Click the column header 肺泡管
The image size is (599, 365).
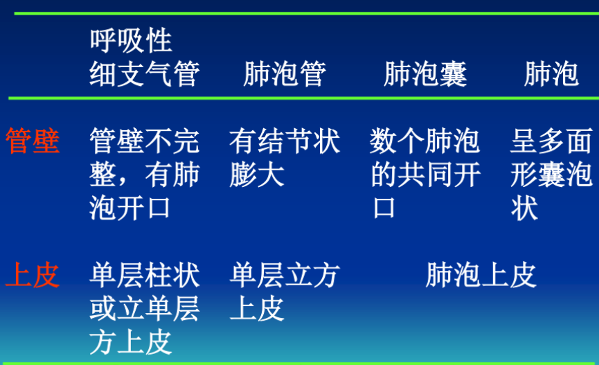[x=285, y=74]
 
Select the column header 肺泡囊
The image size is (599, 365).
[x=425, y=74]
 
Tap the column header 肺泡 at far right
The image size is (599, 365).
[x=551, y=74]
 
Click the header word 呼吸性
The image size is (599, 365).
[x=131, y=40]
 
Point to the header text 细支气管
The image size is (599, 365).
[x=145, y=74]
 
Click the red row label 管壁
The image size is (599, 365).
[x=33, y=141]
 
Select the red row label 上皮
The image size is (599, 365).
[x=33, y=275]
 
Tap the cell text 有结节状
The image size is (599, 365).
[x=285, y=141]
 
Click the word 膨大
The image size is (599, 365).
[x=257, y=175]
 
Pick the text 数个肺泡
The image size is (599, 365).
[x=424, y=141]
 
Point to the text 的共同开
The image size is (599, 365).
[x=426, y=175]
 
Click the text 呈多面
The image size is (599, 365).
[x=551, y=141]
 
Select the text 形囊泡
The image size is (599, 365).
[x=551, y=175]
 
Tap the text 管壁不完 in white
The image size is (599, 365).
[x=145, y=141]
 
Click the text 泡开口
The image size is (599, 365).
[x=130, y=208]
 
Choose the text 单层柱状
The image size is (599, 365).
[x=145, y=275]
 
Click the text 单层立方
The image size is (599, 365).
[x=285, y=275]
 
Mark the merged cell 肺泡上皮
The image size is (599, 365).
[x=481, y=275]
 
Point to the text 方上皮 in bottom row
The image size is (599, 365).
[x=131, y=342]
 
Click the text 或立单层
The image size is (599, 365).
[x=145, y=309]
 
